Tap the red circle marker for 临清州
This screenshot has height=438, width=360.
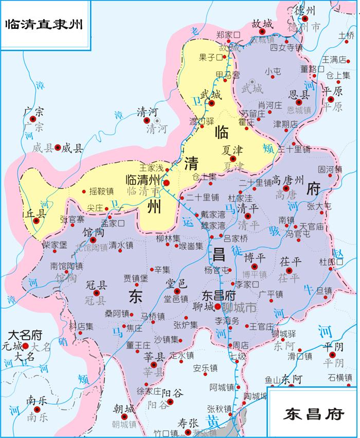tap(166, 182)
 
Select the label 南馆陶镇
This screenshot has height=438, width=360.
tap(66, 266)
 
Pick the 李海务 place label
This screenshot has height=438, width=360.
tap(227, 320)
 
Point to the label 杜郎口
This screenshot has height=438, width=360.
tap(331, 261)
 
